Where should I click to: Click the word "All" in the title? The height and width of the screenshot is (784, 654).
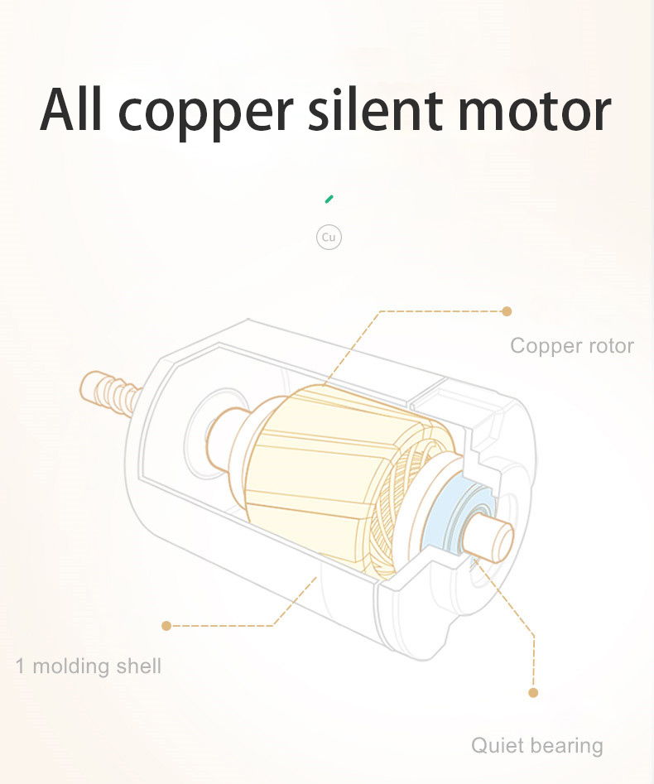[71, 109]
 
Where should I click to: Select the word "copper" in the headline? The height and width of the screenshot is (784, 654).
[205, 115]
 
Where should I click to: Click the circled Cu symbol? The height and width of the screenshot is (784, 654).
[329, 237]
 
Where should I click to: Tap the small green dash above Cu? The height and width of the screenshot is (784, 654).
[329, 199]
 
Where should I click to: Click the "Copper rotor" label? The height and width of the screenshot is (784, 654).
[572, 345]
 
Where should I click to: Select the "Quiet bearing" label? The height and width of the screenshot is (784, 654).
[537, 745]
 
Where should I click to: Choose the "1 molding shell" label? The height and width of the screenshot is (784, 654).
[88, 666]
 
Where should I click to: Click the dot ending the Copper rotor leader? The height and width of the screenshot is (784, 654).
[507, 311]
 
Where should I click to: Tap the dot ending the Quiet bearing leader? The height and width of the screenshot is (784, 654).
[533, 692]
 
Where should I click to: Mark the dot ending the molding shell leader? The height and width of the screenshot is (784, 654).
[166, 626]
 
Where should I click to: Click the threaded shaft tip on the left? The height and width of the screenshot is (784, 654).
[108, 392]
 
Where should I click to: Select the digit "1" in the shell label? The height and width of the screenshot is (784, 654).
[20, 666]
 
